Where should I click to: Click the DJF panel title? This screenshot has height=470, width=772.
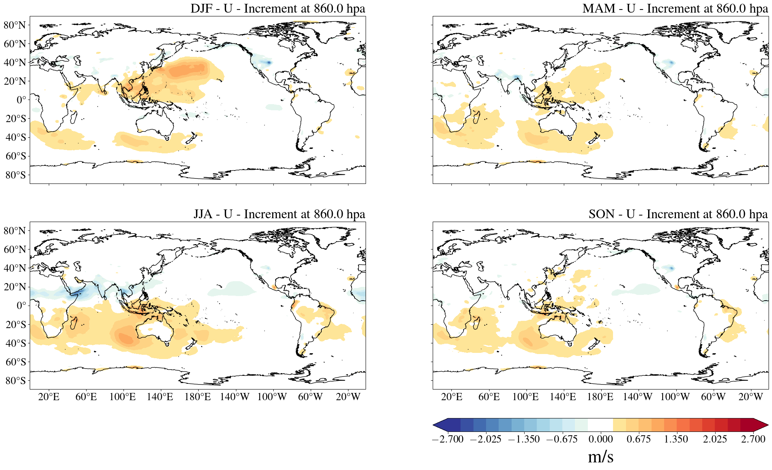(278, 8)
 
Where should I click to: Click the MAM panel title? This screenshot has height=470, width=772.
(675, 8)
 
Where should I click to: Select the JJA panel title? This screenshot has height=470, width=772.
(279, 214)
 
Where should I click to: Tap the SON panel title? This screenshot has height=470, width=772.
(678, 214)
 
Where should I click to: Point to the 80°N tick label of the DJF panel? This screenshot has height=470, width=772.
(15, 25)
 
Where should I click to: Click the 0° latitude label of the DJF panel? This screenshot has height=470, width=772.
(21, 100)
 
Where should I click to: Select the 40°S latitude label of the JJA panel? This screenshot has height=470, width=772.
(16, 343)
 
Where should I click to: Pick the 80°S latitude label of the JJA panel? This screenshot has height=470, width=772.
(16, 380)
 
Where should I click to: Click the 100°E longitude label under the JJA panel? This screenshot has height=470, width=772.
(122, 397)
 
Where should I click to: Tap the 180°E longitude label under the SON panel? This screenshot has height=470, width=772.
(600, 397)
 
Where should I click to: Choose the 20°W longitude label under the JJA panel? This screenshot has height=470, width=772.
(348, 397)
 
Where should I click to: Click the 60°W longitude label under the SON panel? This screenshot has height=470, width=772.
(713, 397)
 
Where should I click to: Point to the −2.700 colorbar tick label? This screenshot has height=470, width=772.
(448, 439)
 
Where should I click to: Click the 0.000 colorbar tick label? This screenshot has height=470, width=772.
(600, 439)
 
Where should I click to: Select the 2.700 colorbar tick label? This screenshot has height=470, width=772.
(753, 439)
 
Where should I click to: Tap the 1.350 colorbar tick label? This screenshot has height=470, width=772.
(676, 439)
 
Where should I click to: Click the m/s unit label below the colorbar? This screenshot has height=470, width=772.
(600, 457)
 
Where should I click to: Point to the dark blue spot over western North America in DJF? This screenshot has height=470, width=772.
(269, 62)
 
